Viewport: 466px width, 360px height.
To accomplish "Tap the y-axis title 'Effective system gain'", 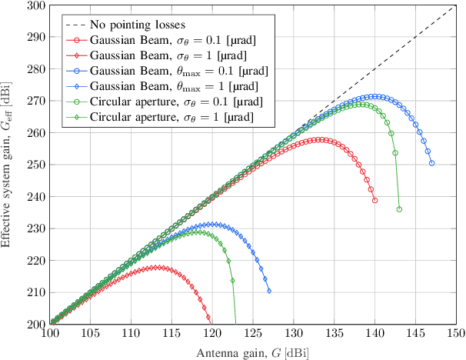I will tap(8, 164).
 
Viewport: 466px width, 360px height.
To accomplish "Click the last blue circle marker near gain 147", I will tap(431, 163).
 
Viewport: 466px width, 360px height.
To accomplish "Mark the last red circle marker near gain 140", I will tap(374, 201).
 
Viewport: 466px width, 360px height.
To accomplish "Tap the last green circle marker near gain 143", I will tap(399, 209).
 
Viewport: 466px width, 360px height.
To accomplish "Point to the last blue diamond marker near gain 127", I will tap(269, 291).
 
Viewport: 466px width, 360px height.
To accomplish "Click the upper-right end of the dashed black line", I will tap(456, 5).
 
